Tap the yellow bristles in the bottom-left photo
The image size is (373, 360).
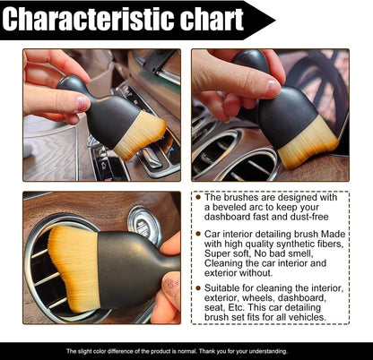click(x=73, y=269)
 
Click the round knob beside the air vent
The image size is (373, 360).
click(x=143, y=221)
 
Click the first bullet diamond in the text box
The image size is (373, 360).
click(x=197, y=198)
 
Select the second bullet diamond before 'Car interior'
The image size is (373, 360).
click(x=197, y=242)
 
